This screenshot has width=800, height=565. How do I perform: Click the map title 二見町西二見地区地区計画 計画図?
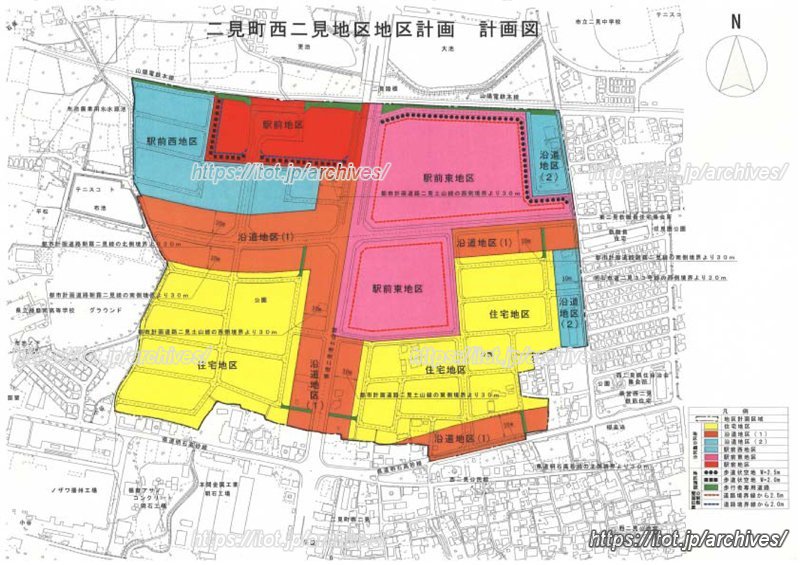[371, 30]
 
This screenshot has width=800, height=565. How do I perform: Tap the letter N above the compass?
[736, 21]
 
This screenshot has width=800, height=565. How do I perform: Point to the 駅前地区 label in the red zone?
[281, 125]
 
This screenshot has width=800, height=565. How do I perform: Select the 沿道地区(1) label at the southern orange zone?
[462, 437]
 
